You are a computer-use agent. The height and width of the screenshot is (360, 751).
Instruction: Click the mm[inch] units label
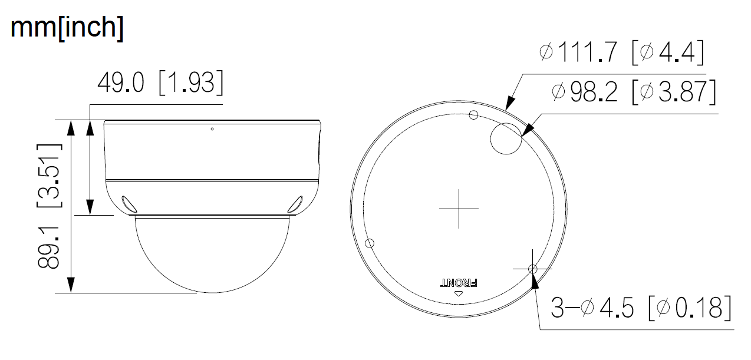point(67,29)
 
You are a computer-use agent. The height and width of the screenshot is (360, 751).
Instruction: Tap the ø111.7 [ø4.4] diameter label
point(621,53)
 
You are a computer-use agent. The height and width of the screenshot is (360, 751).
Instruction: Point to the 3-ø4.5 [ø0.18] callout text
point(641,308)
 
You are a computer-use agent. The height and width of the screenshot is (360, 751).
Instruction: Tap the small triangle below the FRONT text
point(459,293)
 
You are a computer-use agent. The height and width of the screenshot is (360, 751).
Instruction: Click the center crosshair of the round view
point(459,209)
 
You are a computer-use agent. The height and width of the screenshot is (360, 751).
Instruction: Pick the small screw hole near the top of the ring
point(473,115)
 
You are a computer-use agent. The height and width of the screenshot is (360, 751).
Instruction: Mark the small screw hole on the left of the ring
point(371,243)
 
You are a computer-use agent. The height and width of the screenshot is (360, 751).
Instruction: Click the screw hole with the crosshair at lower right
point(532,269)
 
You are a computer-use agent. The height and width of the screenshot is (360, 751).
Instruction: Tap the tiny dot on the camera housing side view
point(212,128)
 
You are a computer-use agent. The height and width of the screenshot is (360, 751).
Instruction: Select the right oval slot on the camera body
point(295,203)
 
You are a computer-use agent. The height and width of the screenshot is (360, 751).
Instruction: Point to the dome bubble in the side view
point(212,253)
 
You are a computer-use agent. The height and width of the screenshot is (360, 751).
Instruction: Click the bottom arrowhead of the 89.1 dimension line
point(71,286)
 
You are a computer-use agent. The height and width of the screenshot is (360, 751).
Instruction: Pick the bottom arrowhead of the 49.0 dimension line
point(90,208)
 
